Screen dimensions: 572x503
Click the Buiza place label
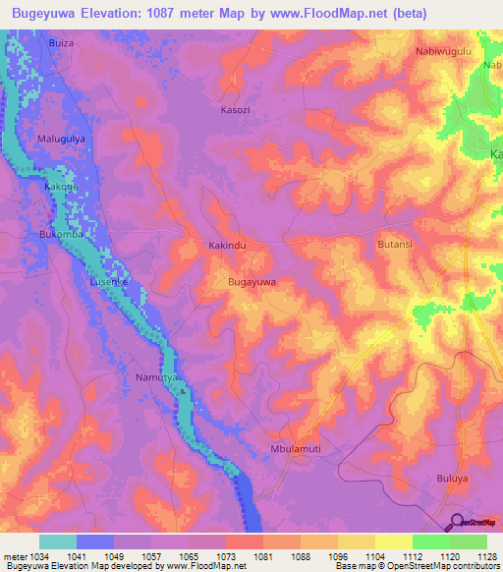click(x=61, y=44)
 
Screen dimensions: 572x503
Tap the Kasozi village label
click(x=235, y=110)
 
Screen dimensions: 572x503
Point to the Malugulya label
click(x=63, y=140)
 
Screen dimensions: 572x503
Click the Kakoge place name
click(x=61, y=186)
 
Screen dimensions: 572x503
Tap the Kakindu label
click(x=226, y=244)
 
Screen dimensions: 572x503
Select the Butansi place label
click(x=398, y=242)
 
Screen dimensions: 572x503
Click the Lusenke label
click(x=110, y=281)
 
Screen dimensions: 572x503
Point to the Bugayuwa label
click(x=251, y=282)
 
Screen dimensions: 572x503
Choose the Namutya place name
click(x=155, y=377)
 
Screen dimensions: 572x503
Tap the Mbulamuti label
click(x=296, y=451)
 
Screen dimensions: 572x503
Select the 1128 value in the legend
click(x=485, y=557)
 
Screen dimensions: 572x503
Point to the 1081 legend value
click(x=262, y=557)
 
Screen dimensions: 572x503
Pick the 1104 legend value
click(x=374, y=557)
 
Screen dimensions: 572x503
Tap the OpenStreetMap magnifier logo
click(x=457, y=522)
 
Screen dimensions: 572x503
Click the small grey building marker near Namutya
click(x=182, y=391)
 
